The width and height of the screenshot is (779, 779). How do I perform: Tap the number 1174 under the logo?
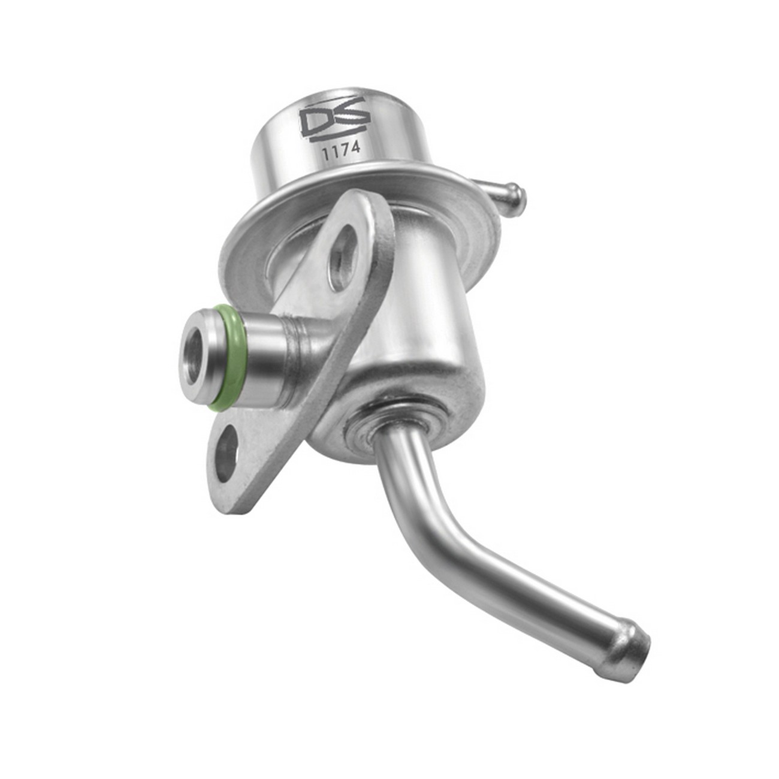(x=341, y=150)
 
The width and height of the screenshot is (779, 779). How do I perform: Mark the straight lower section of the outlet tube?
(x=539, y=593)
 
